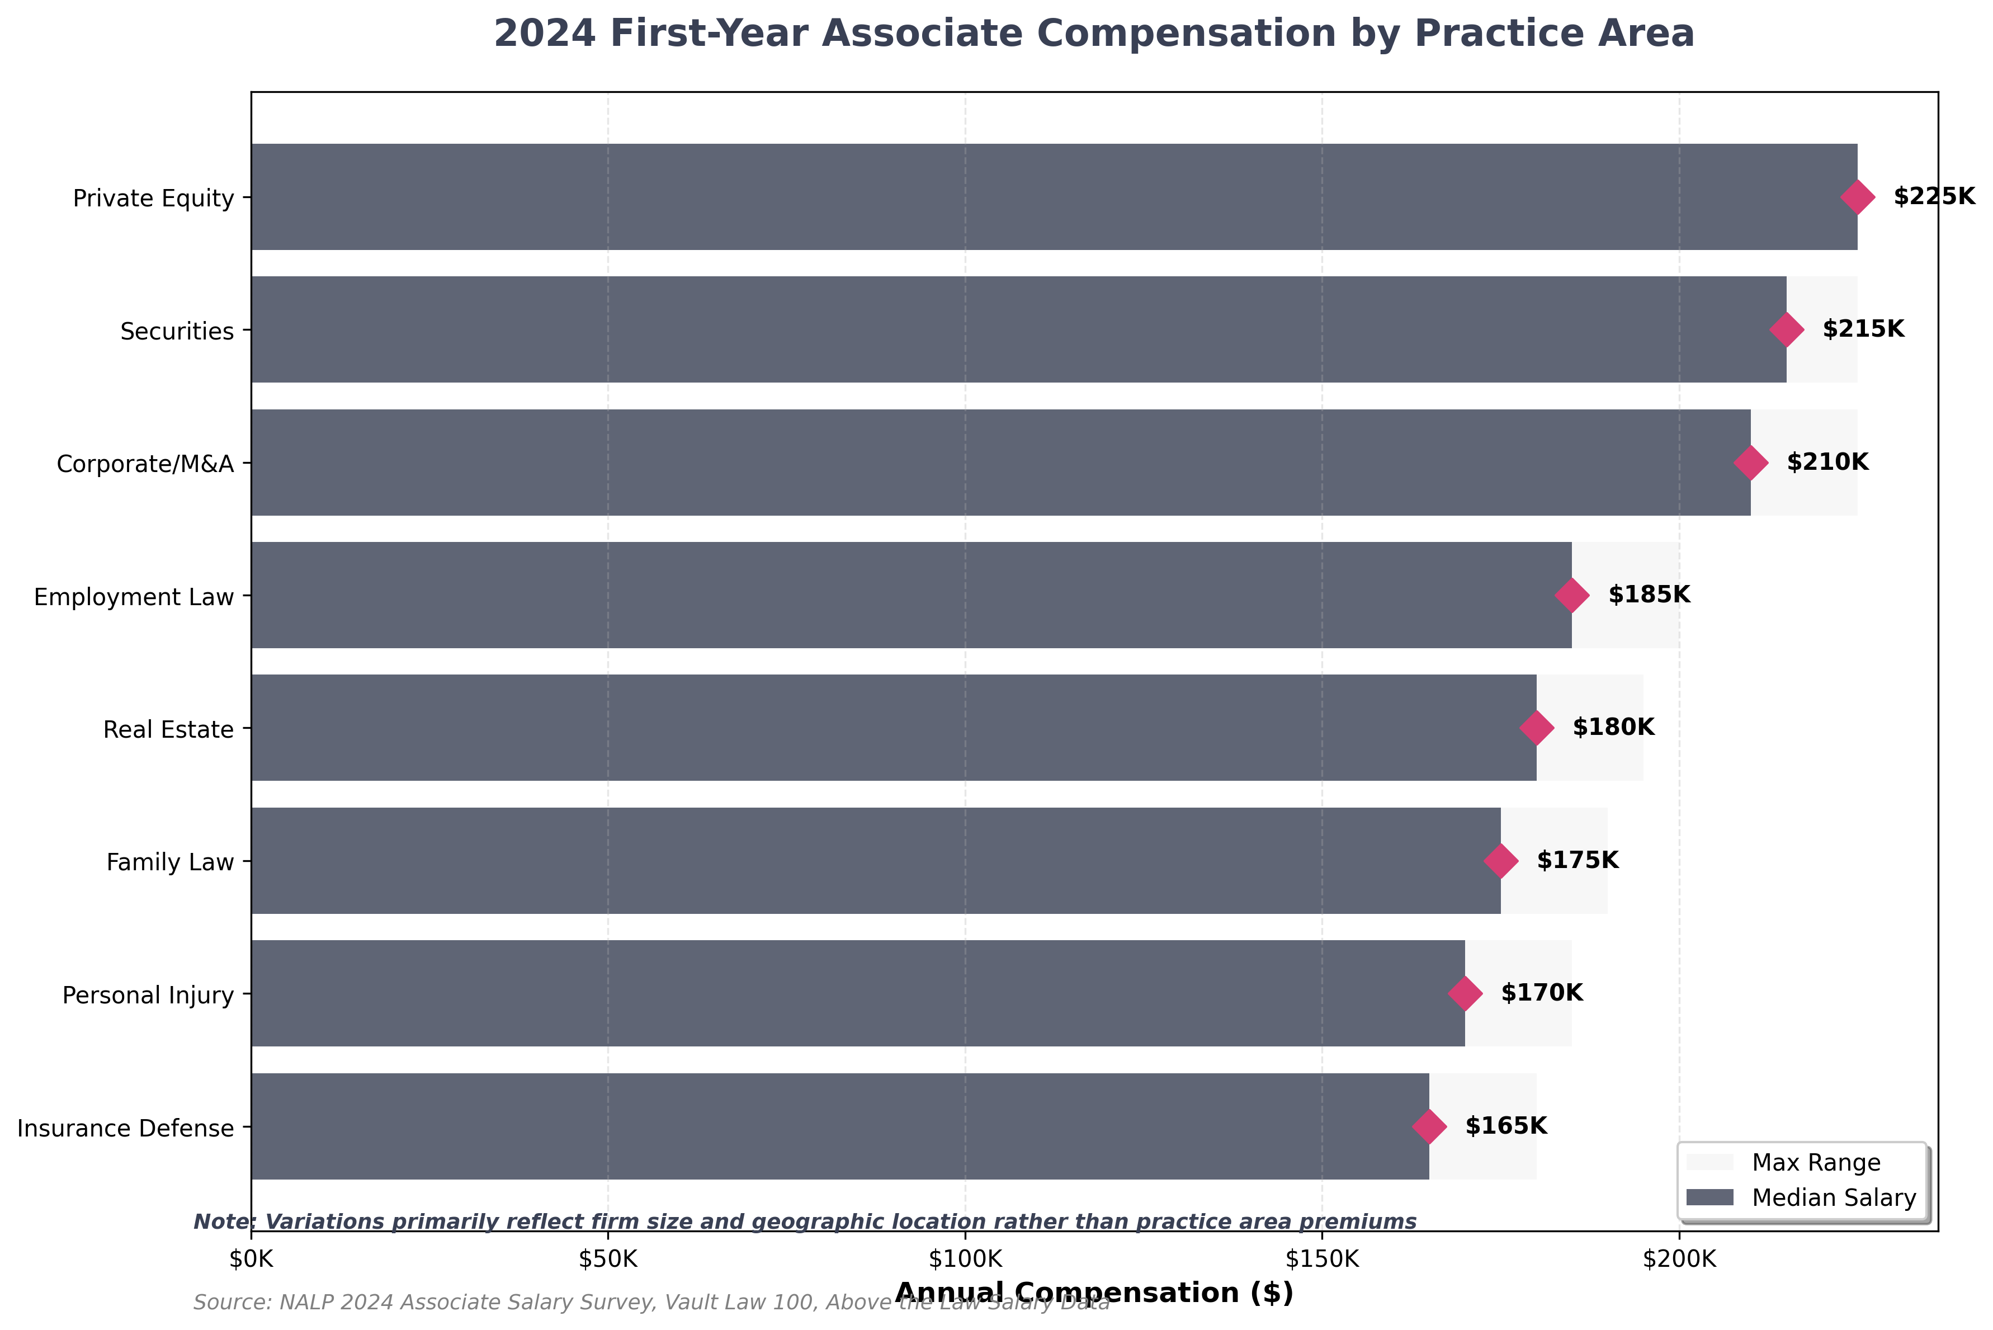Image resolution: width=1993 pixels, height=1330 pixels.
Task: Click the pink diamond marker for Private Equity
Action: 1857,197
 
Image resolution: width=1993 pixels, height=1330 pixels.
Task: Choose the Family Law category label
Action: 169,862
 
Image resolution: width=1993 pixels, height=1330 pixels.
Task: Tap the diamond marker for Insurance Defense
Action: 1429,1126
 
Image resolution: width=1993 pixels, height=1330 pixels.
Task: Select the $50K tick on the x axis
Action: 607,1260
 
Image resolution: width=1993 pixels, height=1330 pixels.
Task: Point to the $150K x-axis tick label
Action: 1321,1260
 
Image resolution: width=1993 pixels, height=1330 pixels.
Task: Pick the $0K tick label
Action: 251,1260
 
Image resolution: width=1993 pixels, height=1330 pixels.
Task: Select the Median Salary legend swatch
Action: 1709,1197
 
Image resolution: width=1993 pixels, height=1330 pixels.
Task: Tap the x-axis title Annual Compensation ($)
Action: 1094,1293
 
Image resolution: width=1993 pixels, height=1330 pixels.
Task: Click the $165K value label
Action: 1505,1126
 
